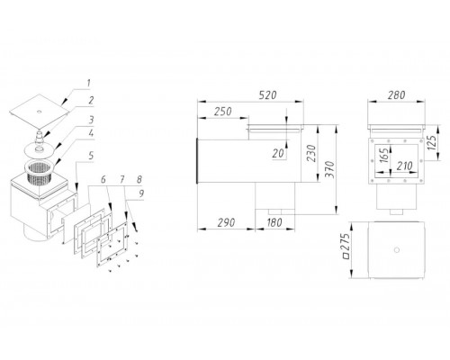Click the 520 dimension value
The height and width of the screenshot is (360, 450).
267,95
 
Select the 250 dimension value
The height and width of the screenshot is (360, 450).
222,112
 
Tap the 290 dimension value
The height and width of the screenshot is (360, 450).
226,222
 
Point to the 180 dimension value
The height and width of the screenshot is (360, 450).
274,222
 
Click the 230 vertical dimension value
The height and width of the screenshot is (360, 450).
312,153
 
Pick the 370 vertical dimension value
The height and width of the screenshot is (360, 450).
330,169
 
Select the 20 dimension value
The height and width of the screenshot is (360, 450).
278,154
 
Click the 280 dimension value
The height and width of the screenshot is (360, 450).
396,95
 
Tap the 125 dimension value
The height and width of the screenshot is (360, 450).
431,143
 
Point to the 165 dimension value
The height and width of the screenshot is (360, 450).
384,155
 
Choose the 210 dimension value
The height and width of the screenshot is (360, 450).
404,166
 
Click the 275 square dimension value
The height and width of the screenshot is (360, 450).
346,246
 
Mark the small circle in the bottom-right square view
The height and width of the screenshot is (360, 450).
397,249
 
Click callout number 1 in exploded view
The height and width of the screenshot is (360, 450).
88,83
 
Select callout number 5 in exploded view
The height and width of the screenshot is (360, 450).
91,156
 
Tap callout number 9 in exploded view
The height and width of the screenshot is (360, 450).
140,193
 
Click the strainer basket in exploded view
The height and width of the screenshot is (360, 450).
40,172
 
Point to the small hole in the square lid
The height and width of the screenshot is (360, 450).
40,112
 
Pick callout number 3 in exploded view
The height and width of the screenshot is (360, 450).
91,120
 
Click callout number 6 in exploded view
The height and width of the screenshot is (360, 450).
103,180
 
